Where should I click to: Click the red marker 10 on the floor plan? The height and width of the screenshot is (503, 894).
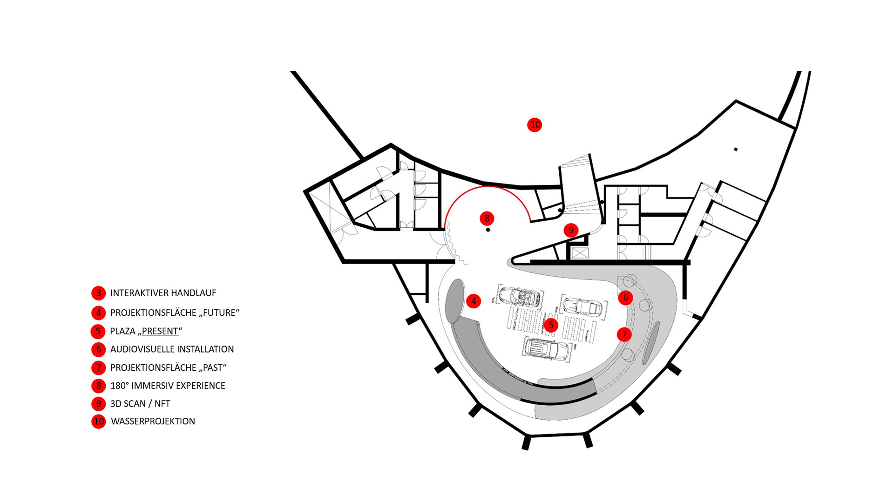point(535,125)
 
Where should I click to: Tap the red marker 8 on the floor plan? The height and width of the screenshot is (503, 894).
point(487,218)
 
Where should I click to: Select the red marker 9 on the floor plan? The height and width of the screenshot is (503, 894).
point(571,230)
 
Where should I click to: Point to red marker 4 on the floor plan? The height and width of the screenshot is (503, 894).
point(474,301)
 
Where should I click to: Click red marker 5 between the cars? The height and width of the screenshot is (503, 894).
point(551,325)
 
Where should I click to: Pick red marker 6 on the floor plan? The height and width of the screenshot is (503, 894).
point(625,297)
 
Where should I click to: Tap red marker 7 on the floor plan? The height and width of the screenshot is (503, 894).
point(624,334)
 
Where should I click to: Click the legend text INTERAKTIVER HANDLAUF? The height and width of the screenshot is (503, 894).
point(163,293)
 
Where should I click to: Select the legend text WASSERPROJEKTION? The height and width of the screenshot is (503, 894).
point(153,421)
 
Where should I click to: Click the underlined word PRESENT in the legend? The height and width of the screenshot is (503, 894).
point(160,331)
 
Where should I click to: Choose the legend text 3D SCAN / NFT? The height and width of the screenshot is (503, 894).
point(140,404)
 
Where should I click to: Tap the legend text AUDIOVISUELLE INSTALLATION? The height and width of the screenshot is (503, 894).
point(172,349)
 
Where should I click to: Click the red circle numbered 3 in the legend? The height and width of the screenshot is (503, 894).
point(98,293)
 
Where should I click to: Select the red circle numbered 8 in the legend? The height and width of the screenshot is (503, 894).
point(98,386)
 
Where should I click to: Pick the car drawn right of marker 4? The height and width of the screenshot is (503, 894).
point(519,296)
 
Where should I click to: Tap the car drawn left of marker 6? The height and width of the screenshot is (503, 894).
point(583,306)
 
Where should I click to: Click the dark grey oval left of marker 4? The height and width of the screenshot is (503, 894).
point(455,300)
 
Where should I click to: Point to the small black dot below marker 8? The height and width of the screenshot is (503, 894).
point(488,230)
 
